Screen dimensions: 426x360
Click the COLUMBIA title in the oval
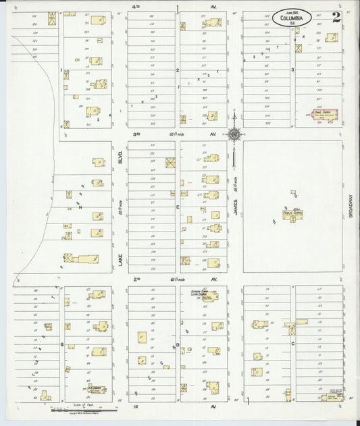click(x=292, y=18)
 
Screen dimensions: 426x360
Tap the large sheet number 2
click(x=336, y=18)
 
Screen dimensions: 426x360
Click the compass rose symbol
click(x=234, y=135)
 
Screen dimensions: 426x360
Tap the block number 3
click(x=292, y=70)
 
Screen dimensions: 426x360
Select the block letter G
click(x=61, y=344)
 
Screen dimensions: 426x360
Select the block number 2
click(x=177, y=70)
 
